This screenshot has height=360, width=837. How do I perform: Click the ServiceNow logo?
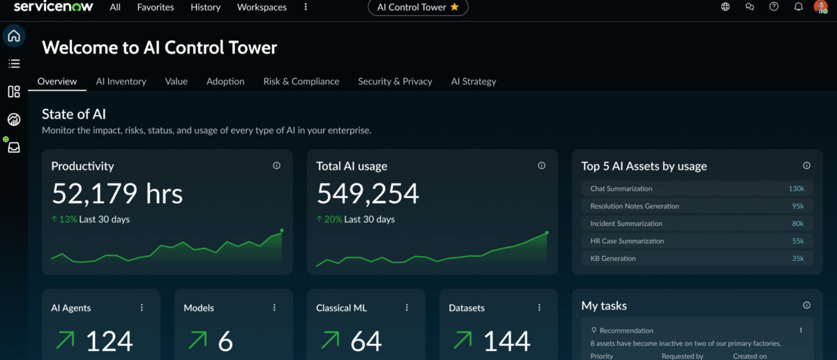pyautogui.click(x=53, y=7)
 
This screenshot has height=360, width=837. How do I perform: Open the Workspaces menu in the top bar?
pyautogui.click(x=262, y=7)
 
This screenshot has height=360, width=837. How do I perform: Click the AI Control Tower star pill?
pyautogui.click(x=418, y=7)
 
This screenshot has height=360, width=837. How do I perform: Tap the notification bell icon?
pyautogui.click(x=798, y=7)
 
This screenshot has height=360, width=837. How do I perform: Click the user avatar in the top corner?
pyautogui.click(x=820, y=7)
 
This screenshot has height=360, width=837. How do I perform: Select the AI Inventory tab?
pyautogui.click(x=121, y=81)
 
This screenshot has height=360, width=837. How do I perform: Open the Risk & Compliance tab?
pyautogui.click(x=301, y=81)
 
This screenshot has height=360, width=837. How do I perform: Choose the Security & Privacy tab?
pyautogui.click(x=395, y=81)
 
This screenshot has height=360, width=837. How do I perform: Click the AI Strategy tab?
pyautogui.click(x=473, y=81)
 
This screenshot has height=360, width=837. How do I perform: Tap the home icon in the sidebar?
pyautogui.click(x=14, y=36)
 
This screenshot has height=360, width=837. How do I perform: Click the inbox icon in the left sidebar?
pyautogui.click(x=14, y=147)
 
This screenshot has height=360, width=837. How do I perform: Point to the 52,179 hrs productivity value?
pyautogui.click(x=117, y=193)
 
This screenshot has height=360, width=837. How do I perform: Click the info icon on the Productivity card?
pyautogui.click(x=277, y=166)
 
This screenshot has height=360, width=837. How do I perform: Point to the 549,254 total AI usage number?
pyautogui.click(x=368, y=193)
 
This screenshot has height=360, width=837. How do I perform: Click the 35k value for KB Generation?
pyautogui.click(x=797, y=258)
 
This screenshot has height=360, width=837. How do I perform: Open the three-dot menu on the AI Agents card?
pyautogui.click(x=142, y=308)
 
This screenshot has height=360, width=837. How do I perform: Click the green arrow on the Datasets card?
pyautogui.click(x=462, y=340)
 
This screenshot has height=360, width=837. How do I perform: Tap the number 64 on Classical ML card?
pyautogui.click(x=365, y=341)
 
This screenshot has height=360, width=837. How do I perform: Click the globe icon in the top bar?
pyautogui.click(x=725, y=7)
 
